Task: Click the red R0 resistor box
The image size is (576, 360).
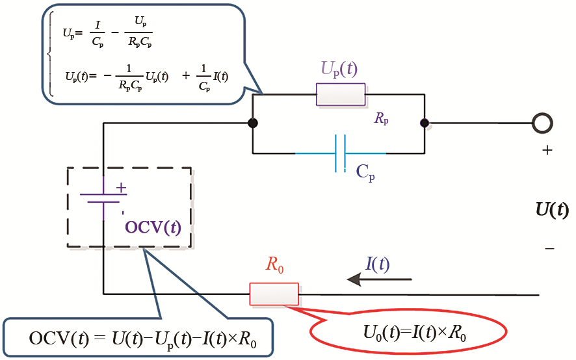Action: click(274, 294)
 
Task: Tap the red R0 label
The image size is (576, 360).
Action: click(274, 265)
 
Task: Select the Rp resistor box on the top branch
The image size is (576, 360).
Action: click(340, 94)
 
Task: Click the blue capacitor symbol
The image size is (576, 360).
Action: click(340, 153)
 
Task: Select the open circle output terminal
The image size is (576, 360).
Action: click(542, 122)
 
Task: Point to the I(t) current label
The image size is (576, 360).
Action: click(378, 263)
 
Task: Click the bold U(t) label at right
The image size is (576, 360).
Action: click(552, 209)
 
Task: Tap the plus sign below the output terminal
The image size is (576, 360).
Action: click(547, 150)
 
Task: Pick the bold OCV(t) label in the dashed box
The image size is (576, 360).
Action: click(153, 227)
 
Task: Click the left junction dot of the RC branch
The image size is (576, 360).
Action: click(253, 122)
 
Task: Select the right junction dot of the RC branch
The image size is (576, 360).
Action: click(425, 122)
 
